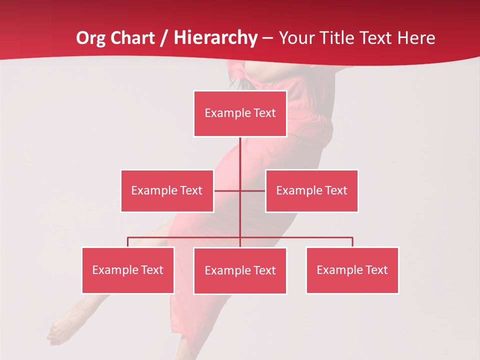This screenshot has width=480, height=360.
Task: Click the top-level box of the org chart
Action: click(240, 113)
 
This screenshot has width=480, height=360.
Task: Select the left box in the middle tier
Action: click(167, 190)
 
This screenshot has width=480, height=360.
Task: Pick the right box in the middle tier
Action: click(311, 190)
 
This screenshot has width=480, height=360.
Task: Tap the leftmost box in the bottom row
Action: click(128, 270)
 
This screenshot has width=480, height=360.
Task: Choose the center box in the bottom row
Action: click(240, 270)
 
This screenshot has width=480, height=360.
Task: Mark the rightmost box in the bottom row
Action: click(352, 270)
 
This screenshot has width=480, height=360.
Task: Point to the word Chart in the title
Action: click(132, 38)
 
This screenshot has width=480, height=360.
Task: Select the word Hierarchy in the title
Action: click(215, 38)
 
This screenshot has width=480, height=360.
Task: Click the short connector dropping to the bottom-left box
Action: click(128, 242)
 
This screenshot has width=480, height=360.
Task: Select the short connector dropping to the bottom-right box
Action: click(352, 242)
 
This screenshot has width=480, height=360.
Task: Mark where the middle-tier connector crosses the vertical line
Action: click(240, 190)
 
